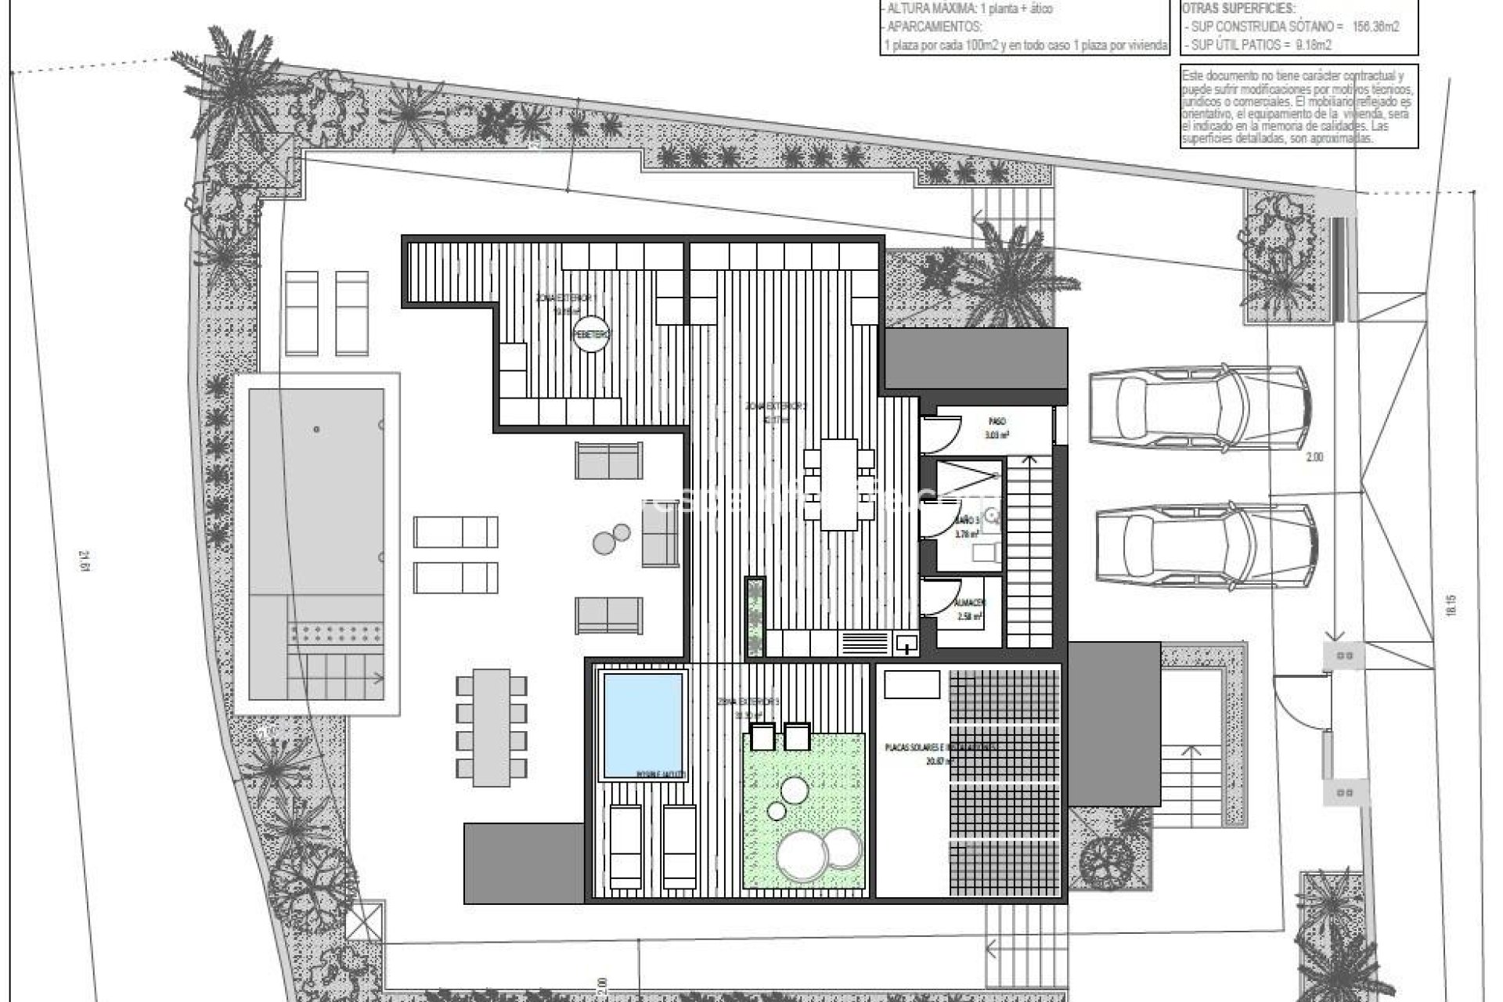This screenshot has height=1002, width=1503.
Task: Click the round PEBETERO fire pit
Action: coord(591,334)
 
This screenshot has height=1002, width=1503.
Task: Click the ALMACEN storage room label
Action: coord(971,604)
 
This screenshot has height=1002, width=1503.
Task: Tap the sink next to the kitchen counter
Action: coord(906,644)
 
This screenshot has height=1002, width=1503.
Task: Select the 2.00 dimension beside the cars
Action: coord(1314,458)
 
